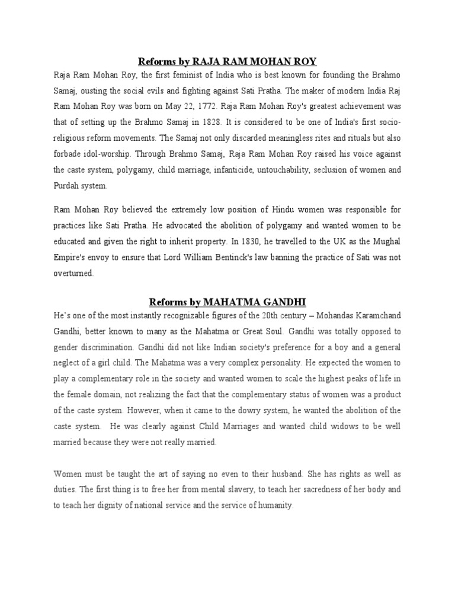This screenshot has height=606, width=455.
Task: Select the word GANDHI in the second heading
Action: pyautogui.click(x=285, y=302)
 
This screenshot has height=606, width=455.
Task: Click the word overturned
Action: pyautogui.click(x=73, y=273)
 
